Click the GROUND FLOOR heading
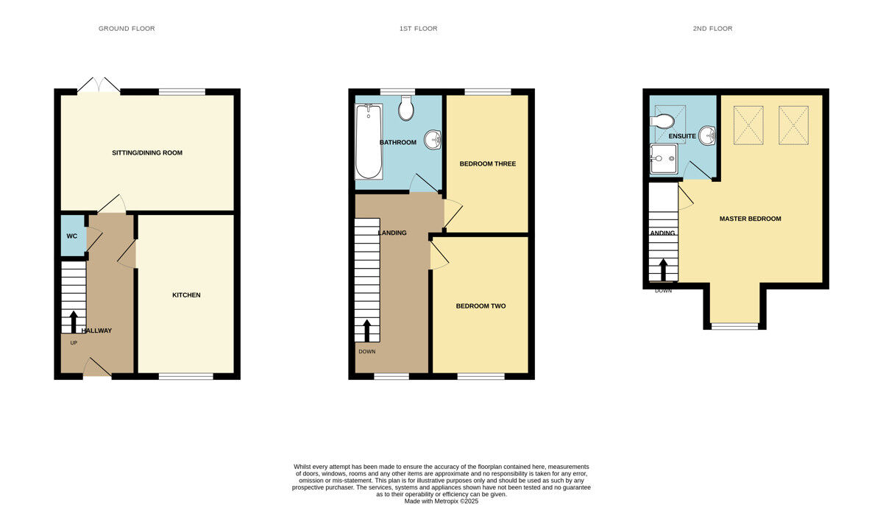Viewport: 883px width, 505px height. (127, 29)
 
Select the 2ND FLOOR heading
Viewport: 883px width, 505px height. (712, 29)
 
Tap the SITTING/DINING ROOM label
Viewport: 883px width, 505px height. (146, 153)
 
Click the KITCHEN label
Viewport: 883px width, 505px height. (186, 295)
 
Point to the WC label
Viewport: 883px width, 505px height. (72, 236)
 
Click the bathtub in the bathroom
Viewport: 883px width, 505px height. (369, 141)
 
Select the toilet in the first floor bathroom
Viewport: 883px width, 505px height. (405, 110)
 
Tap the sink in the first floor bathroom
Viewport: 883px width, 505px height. (433, 138)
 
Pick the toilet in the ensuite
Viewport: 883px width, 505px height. (663, 120)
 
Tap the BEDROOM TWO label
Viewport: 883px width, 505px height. (480, 306)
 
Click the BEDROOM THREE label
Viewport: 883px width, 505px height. (487, 163)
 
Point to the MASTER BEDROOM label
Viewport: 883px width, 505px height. (750, 219)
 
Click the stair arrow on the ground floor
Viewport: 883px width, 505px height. (73, 322)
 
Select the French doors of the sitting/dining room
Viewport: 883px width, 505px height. (99, 85)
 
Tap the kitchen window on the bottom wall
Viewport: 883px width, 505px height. (185, 377)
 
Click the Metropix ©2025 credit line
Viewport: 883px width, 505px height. (441, 501)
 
